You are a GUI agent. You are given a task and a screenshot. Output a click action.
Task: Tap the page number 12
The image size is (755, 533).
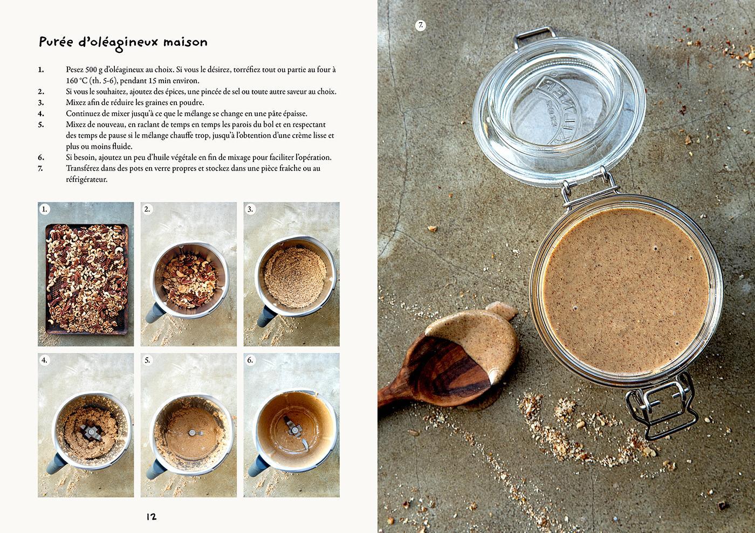152,517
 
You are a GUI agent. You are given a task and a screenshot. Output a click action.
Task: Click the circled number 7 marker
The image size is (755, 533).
420,25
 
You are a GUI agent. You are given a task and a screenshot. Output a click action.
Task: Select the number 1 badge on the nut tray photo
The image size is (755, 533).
44,209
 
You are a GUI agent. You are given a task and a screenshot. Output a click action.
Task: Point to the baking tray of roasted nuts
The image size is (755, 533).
87,279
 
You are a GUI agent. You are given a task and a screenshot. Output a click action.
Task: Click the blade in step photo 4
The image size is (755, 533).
91,433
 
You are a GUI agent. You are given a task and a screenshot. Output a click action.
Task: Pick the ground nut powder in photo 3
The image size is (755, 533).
295,277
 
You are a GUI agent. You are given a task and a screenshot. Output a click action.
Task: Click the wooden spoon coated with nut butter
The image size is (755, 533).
452,361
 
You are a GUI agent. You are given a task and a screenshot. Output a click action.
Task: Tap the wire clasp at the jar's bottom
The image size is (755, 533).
661,406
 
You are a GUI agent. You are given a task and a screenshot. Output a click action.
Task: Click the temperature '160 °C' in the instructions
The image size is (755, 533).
77,81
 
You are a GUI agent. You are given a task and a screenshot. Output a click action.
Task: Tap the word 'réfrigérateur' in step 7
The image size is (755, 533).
87,179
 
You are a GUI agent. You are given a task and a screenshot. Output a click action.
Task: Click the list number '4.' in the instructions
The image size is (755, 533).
41,114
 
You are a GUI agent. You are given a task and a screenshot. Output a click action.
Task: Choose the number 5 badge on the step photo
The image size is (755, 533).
147,360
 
